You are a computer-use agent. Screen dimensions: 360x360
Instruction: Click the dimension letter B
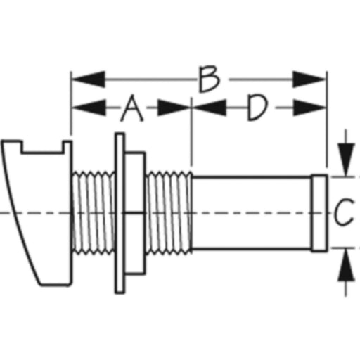pyautogui.click(x=210, y=79)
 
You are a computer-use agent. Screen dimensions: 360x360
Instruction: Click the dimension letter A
pyautogui.click(x=132, y=108)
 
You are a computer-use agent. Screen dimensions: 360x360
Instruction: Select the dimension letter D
pyautogui.click(x=257, y=108)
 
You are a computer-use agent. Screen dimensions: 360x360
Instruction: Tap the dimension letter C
pyautogui.click(x=344, y=212)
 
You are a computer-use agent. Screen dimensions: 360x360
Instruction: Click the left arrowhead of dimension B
pyautogui.click(x=88, y=79)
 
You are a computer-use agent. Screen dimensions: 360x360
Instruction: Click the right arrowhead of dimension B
pyautogui.click(x=309, y=79)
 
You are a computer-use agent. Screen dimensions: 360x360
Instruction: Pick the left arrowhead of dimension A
pyautogui.click(x=89, y=108)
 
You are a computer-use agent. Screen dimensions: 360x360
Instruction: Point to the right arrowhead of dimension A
pyautogui.click(x=174, y=108)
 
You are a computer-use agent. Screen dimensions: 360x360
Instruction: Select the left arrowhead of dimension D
pyautogui.click(x=210, y=108)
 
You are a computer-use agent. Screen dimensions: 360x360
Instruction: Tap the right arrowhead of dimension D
pyautogui.click(x=309, y=108)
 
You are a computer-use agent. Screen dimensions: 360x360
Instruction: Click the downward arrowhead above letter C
pyautogui.click(x=346, y=160)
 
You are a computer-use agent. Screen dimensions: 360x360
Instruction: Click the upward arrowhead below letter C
pyautogui.click(x=346, y=265)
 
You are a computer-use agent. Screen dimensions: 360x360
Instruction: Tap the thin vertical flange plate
pyautogui.click(x=120, y=213)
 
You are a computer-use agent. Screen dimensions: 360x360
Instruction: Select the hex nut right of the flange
pyautogui.click(x=135, y=213)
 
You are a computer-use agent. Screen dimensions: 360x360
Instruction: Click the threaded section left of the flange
pyautogui.click(x=94, y=213)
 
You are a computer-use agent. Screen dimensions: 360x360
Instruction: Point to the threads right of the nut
pyautogui.click(x=169, y=213)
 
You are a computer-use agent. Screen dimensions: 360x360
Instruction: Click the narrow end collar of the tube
pyautogui.click(x=319, y=213)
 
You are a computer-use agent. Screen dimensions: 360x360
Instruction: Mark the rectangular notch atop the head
pyautogui.click(x=43, y=147)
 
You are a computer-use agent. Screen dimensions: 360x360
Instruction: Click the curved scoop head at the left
pyautogui.click(x=37, y=213)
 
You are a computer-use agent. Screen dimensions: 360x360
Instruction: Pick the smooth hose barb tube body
pyautogui.click(x=252, y=213)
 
